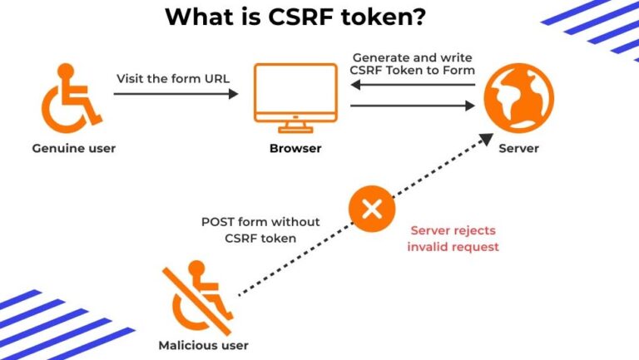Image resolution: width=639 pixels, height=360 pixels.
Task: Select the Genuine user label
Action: (74, 149)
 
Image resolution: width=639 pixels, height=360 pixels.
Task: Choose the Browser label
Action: (295, 149)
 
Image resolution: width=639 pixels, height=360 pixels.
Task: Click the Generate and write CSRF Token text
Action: (414, 64)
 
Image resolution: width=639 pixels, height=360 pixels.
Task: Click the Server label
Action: (518, 149)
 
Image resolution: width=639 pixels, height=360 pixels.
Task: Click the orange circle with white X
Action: (371, 210)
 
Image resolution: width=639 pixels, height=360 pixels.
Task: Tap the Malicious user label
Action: (203, 344)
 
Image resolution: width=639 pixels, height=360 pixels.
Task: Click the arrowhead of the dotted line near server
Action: (483, 142)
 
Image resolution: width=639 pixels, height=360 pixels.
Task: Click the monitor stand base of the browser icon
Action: (295, 129)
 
